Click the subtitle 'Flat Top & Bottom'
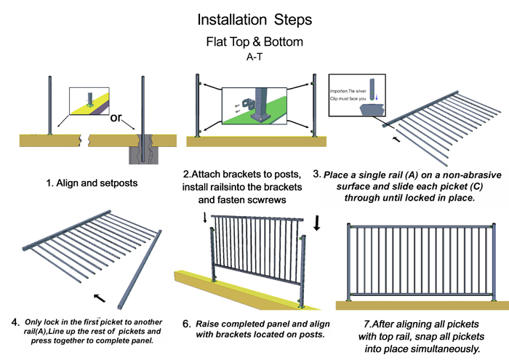tap(253, 41)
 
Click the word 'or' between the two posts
tap(116, 119)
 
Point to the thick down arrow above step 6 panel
tap(318, 223)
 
